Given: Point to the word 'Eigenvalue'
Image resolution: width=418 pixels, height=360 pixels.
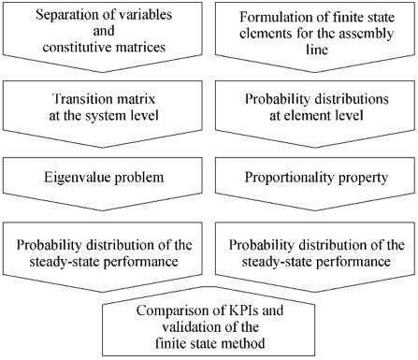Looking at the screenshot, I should coord(81,178).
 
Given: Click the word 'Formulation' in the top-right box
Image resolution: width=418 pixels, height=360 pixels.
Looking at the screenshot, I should coord(269,15).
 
